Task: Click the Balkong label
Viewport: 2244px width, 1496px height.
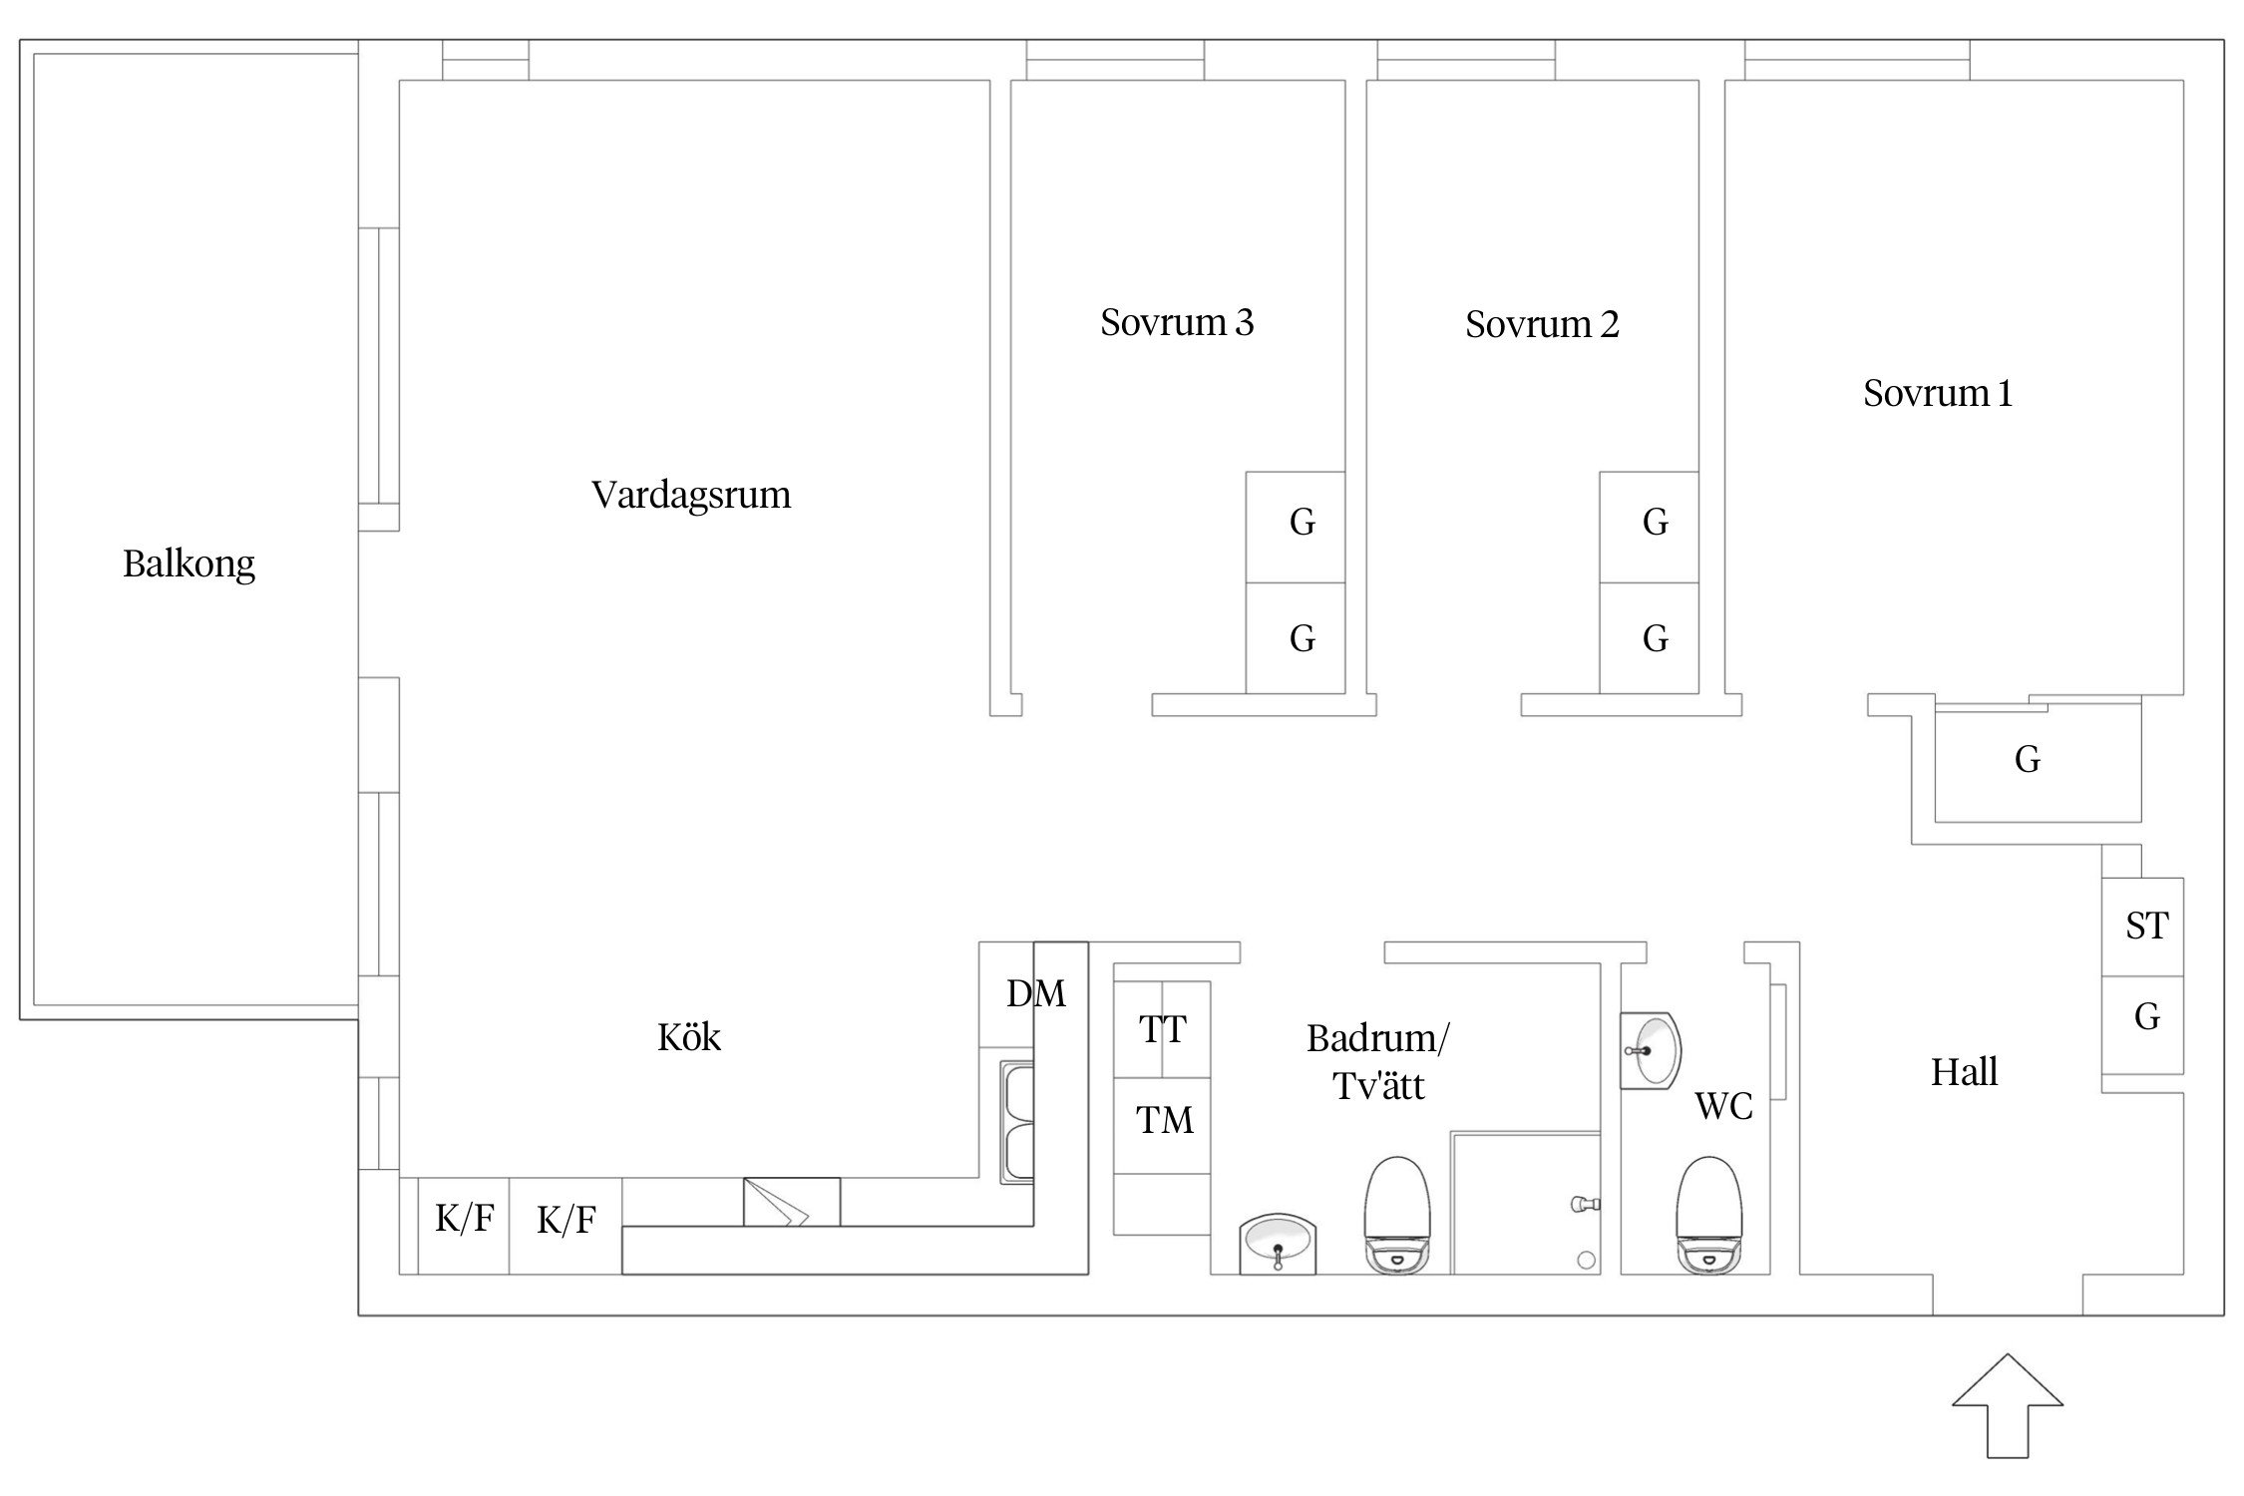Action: (188, 564)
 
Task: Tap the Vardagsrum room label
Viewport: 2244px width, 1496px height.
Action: (690, 495)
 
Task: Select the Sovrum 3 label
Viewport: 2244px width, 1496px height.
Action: (1177, 322)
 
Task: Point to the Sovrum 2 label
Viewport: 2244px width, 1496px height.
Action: (1542, 324)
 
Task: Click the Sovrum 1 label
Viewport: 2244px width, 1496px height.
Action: (1937, 393)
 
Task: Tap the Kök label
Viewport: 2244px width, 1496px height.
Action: (688, 1037)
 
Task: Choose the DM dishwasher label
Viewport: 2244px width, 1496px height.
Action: (1035, 993)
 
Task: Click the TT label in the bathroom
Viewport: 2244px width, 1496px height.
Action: (1162, 1029)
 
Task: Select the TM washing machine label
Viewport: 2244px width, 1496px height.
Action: (1164, 1120)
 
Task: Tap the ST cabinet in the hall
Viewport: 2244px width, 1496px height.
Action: (2146, 926)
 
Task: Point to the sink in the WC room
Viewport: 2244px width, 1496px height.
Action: (1650, 1051)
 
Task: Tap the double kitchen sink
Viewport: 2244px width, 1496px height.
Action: (1017, 1123)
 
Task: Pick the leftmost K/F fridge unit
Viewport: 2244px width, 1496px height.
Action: (464, 1219)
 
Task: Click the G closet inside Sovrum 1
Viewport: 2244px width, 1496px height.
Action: (2027, 760)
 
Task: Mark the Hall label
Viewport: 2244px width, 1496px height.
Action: (1964, 1073)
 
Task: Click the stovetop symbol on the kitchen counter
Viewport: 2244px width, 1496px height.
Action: (791, 1202)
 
